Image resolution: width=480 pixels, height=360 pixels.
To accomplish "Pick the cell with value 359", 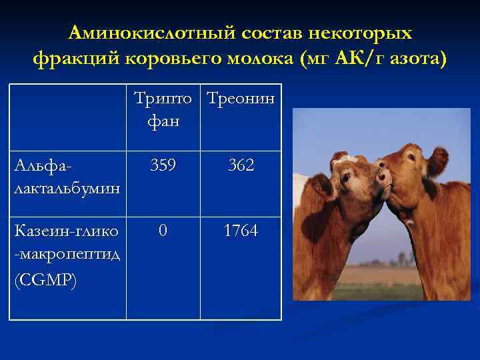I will point(163,165).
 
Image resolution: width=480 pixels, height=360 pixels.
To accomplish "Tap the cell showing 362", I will point(241,165).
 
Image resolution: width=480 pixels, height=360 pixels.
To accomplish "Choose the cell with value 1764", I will point(241,231).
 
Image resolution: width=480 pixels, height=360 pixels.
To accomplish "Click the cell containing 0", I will point(163,231).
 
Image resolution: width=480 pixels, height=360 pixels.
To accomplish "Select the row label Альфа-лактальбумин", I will point(67,176).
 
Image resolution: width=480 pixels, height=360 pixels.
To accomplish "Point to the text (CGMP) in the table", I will point(45,281).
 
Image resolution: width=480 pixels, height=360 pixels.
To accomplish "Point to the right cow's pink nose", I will point(382,177).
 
